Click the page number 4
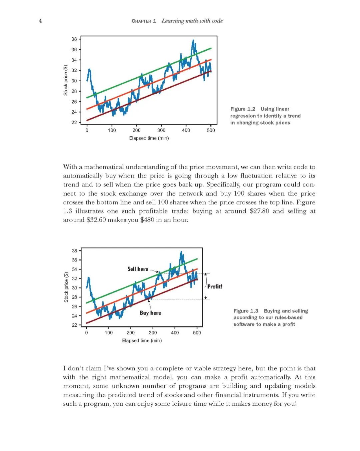point(40,21)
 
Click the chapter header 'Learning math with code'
point(192,21)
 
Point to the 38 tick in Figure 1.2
point(74,39)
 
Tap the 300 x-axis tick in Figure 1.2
point(161,130)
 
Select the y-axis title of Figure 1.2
point(66,80)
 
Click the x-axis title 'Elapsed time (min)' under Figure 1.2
point(149,138)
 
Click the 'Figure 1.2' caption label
point(243,109)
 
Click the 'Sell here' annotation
point(138,269)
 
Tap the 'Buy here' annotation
point(150,313)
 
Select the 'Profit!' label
point(215,286)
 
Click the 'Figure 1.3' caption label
point(246,311)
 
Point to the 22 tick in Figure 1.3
point(75,325)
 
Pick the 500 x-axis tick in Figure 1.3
point(197,332)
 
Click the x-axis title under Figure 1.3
point(142,340)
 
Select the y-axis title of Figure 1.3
point(66,287)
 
